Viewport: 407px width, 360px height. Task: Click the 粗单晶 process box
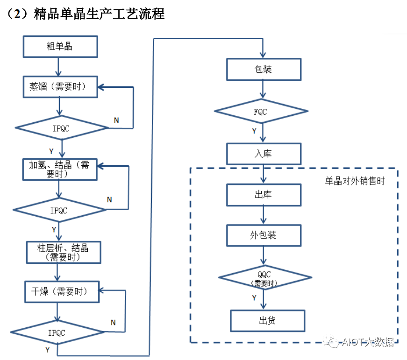coord(60,46)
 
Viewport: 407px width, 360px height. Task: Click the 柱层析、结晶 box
coord(63,252)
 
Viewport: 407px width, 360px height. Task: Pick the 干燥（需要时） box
coord(62,292)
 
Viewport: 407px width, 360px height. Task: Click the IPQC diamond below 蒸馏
coord(62,128)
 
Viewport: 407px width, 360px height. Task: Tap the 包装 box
coord(264,69)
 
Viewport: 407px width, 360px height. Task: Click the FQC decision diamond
coord(261,111)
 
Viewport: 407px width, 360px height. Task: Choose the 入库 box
coord(264,154)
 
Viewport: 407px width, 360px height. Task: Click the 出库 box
coord(264,195)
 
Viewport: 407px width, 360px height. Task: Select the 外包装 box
coord(264,235)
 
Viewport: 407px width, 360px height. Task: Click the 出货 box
coord(267,321)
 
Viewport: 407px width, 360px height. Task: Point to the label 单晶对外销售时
coord(355,181)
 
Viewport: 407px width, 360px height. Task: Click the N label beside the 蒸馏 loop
coord(116,120)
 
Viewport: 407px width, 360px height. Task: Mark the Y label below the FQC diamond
coord(254,131)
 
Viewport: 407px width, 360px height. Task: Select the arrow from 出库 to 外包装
coord(264,215)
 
